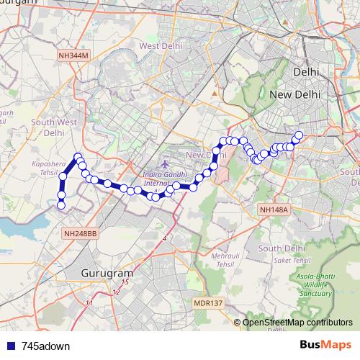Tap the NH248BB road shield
click(x=79, y=234)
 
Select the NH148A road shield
click(x=273, y=210)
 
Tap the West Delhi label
click(x=159, y=46)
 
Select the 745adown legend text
click(x=40, y=346)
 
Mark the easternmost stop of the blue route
click(x=299, y=135)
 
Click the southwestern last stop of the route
click(x=61, y=205)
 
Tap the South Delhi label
click(x=279, y=248)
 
